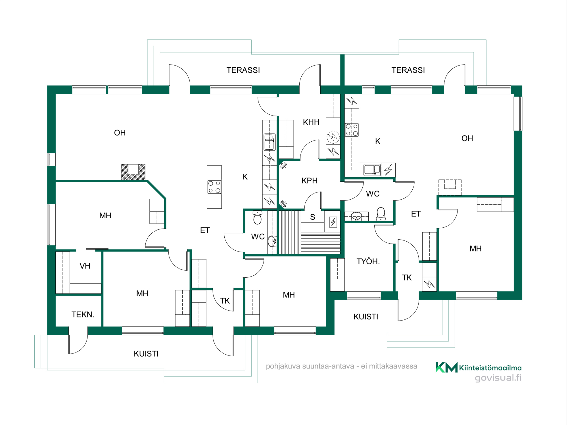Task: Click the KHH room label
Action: pos(312,122)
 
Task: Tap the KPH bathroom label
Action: pos(310,181)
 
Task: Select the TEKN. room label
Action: pos(83,315)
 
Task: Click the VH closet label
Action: pos(85,266)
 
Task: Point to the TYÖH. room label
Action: pos(368,261)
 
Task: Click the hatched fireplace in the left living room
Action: pos(133,172)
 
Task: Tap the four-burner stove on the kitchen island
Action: pos(214,187)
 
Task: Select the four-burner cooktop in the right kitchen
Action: pos(352,130)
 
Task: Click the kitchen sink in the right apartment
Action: pos(372,169)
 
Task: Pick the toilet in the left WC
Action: pos(258,217)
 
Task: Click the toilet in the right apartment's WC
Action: pos(381,214)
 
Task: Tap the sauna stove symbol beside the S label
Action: pos(333,222)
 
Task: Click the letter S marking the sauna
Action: pos(313,217)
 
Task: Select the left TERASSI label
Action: pos(243,70)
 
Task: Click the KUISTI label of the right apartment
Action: pos(366,317)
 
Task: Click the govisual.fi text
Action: pos(498,378)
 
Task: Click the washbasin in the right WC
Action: pos(357,216)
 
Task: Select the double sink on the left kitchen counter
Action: pos(270,142)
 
